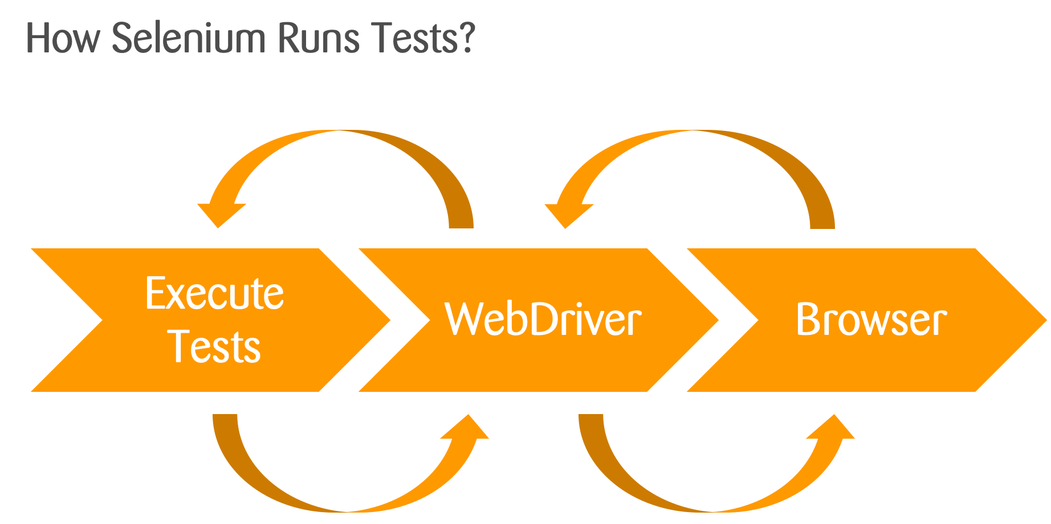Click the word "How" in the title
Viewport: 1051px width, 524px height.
63,39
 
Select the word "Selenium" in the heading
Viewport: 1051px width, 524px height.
189,39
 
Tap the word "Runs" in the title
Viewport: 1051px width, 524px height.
319,39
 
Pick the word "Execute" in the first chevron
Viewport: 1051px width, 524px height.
214,294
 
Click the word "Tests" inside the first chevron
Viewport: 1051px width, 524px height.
215,347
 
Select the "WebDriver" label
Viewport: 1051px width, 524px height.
543,320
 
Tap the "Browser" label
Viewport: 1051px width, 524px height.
871,320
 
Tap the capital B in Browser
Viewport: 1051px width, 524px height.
807,320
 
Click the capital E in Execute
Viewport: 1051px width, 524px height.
155,294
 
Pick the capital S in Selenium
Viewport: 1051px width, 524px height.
123,39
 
